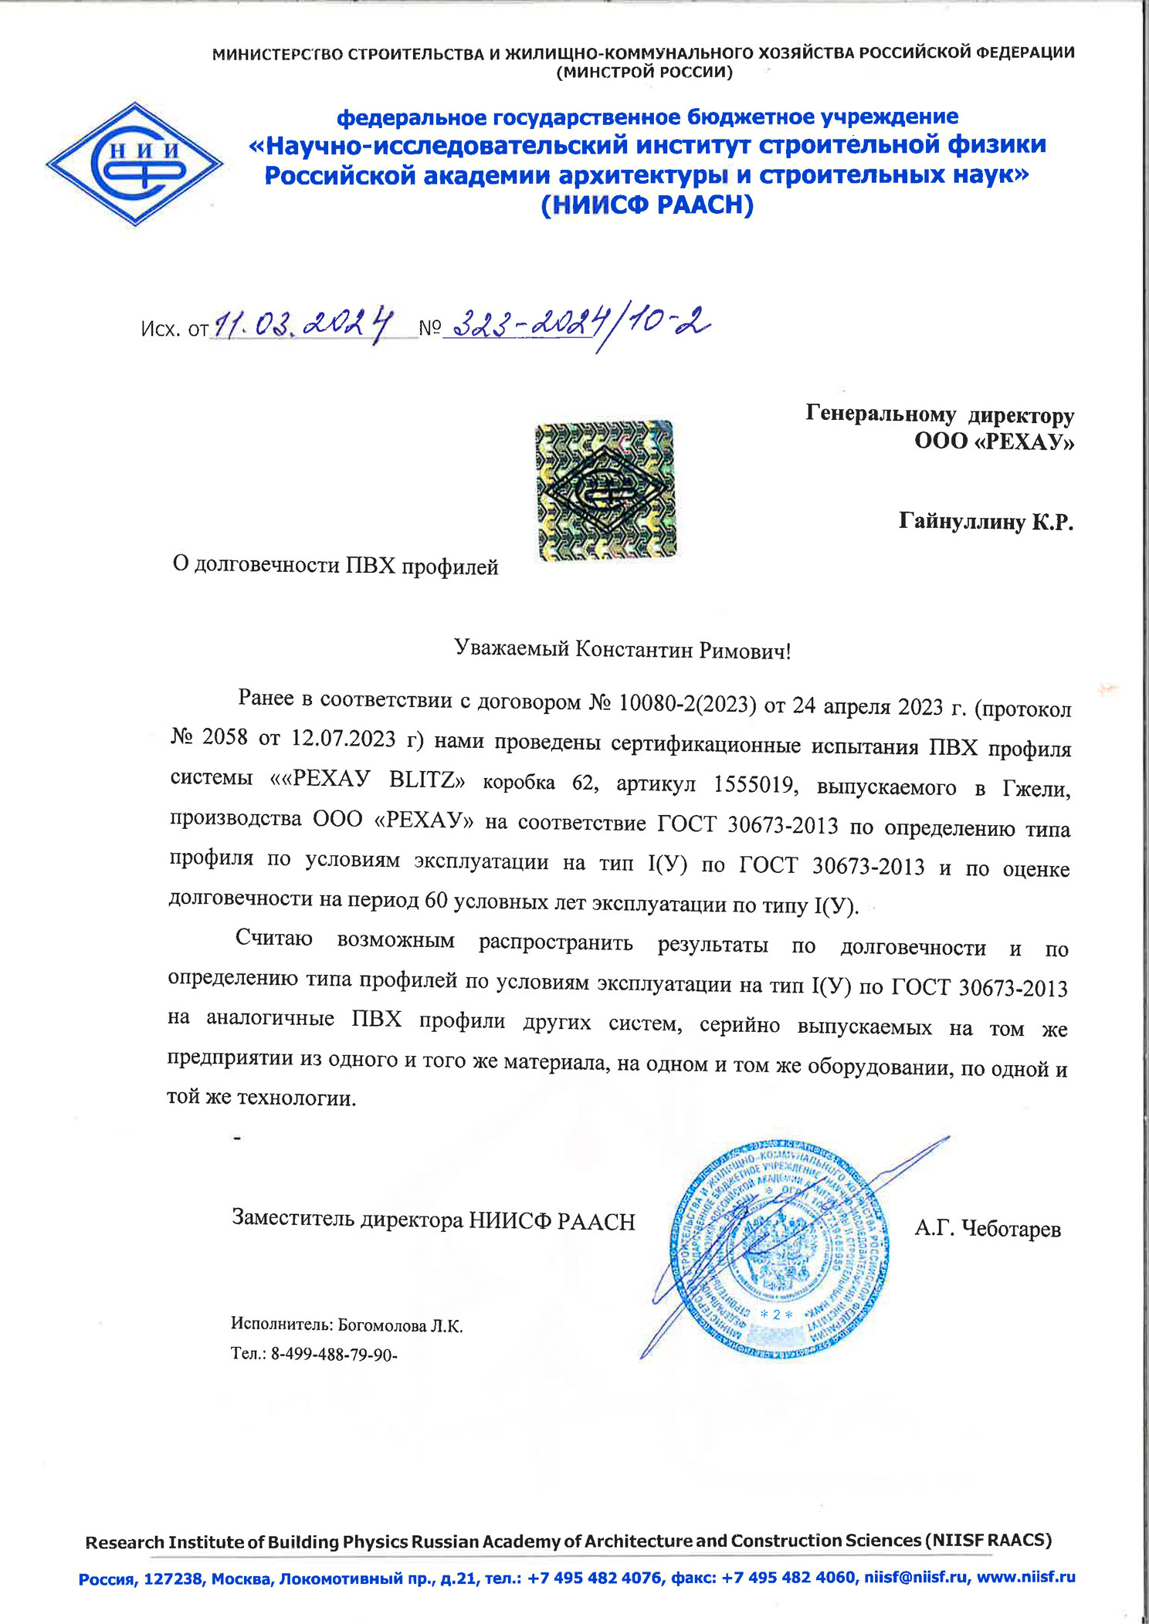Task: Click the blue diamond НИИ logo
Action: point(134,164)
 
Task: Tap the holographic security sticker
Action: point(605,490)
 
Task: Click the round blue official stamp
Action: point(778,1249)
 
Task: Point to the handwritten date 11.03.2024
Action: point(303,325)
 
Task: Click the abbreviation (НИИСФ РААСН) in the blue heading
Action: point(647,205)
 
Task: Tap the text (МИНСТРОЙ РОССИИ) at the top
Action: point(644,73)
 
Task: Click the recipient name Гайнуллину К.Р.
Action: point(986,522)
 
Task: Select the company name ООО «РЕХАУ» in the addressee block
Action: point(994,442)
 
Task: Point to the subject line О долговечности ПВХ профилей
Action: point(336,566)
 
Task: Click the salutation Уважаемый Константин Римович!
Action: point(622,650)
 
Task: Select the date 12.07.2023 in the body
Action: point(343,739)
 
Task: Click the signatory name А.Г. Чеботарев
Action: point(988,1229)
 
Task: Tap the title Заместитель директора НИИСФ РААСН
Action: point(433,1220)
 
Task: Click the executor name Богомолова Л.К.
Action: point(400,1326)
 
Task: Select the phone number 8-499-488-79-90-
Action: point(334,1354)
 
